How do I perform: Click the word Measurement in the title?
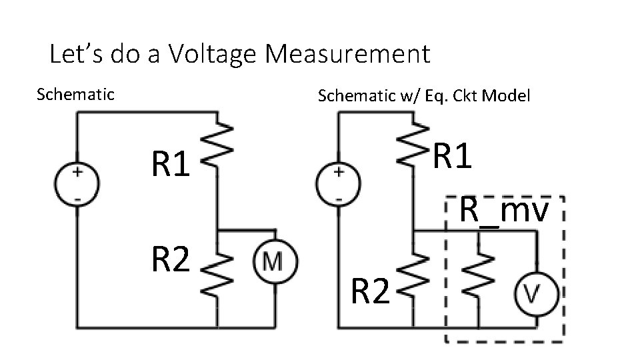(x=348, y=54)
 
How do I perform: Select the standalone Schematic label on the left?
(x=75, y=94)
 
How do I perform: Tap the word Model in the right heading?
(x=505, y=96)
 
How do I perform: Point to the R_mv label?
(x=504, y=211)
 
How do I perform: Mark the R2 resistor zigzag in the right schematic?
(x=413, y=282)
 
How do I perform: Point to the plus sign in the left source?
(x=77, y=172)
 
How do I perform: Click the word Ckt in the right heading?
(x=465, y=96)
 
